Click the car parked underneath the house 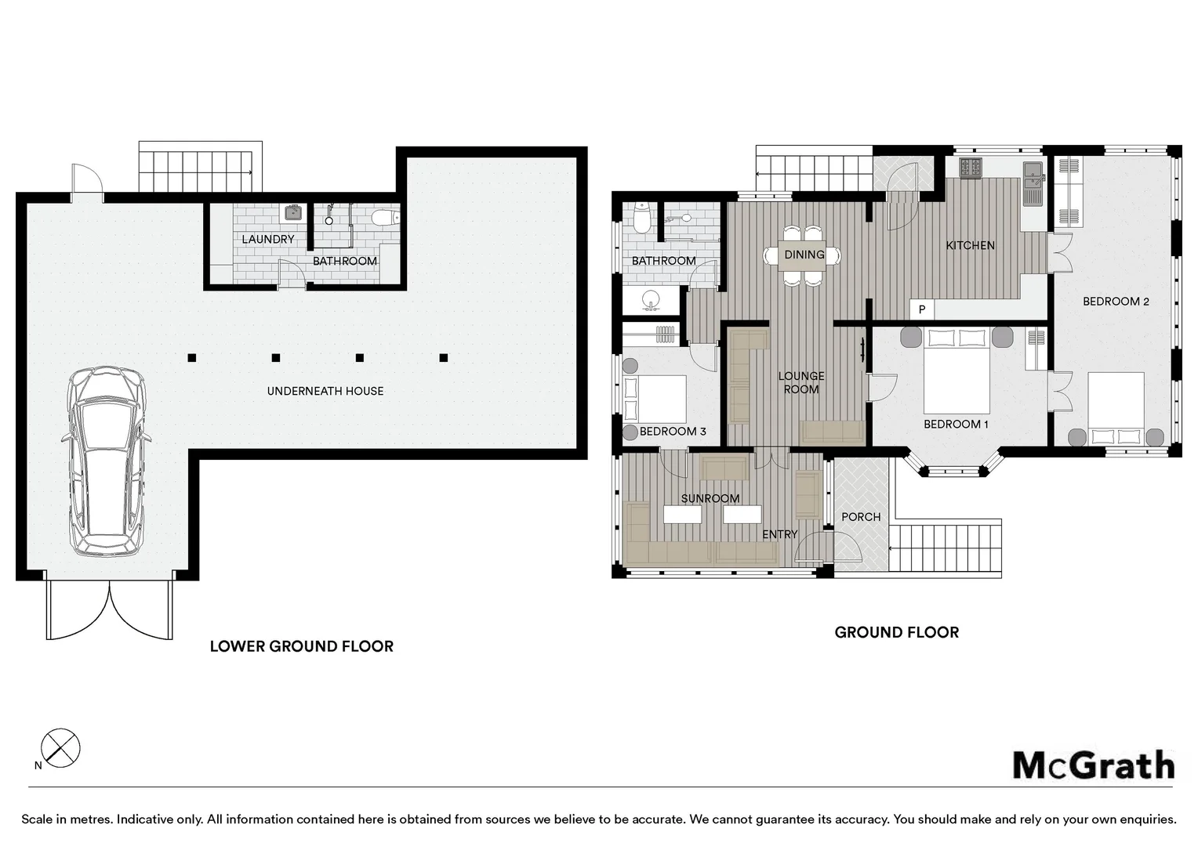106,461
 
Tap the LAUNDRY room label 268,240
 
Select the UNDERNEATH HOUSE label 325,391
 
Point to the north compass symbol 60,747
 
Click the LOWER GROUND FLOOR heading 302,646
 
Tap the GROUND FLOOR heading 897,632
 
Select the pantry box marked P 922,309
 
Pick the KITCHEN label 970,245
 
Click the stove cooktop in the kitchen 971,168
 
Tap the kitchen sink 1033,183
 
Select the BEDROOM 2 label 1116,302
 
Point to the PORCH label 861,517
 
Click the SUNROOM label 710,499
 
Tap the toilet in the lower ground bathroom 384,218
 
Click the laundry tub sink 292,213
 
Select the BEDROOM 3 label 673,432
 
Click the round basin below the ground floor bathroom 651,299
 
